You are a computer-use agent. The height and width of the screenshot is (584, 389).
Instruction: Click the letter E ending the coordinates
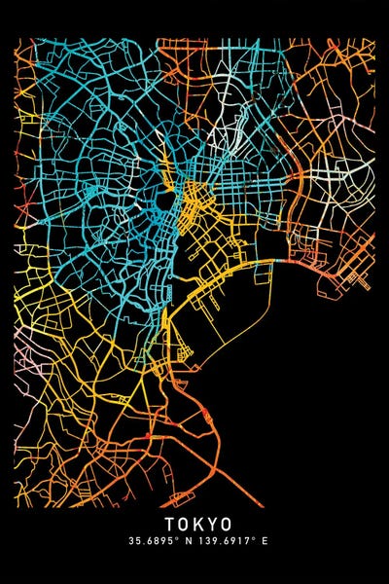coord(264,540)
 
